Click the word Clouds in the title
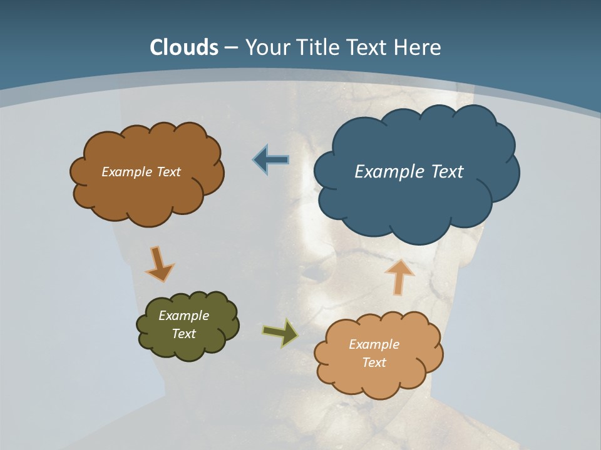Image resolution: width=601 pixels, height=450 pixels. click(x=184, y=47)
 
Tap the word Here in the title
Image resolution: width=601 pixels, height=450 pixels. click(x=418, y=47)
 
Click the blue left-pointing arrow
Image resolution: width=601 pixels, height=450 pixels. click(x=271, y=160)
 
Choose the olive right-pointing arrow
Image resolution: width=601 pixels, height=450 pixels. click(x=280, y=332)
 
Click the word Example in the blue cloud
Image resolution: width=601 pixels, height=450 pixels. click(x=386, y=172)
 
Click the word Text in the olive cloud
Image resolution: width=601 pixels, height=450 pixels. click(x=183, y=334)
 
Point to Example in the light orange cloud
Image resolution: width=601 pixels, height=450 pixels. click(x=374, y=344)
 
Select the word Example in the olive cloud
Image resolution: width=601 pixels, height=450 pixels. click(x=183, y=316)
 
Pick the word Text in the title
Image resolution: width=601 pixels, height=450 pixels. click(x=370, y=47)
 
